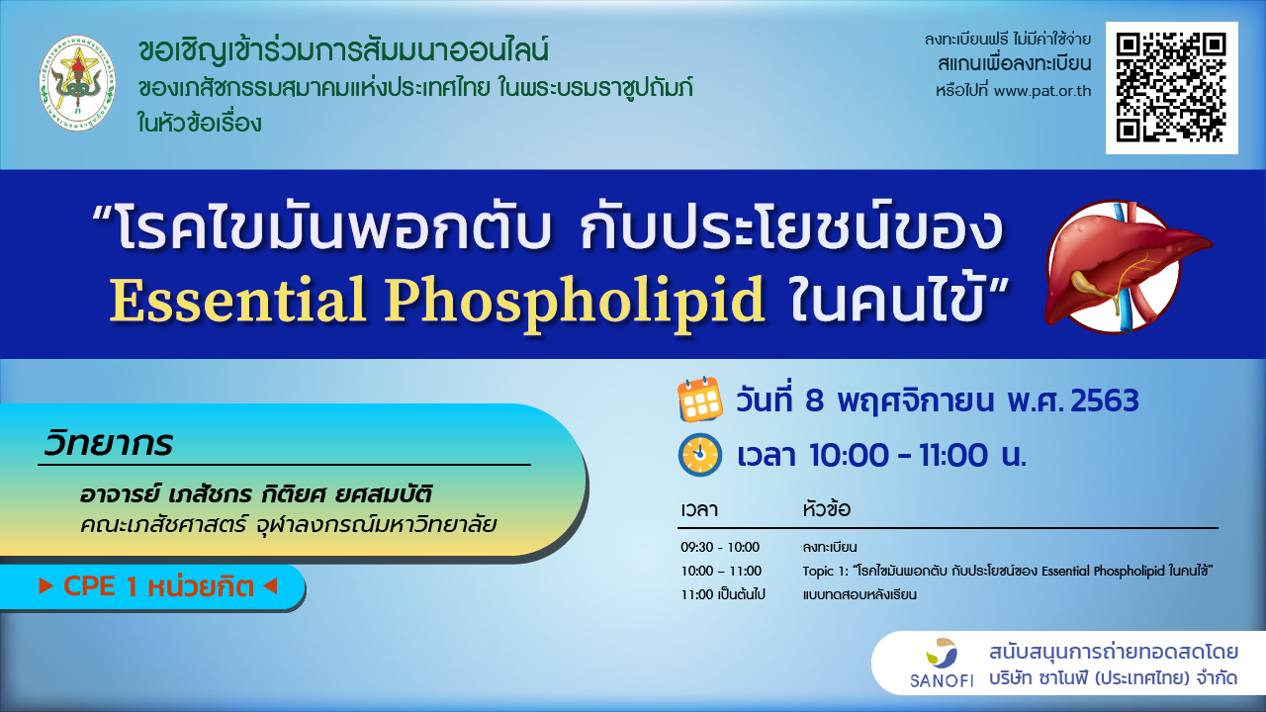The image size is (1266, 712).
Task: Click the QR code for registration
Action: coord(1172,88)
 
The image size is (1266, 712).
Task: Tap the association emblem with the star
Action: coord(77,83)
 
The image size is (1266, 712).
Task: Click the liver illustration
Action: coord(1128,267)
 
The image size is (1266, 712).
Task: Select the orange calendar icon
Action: coord(699,400)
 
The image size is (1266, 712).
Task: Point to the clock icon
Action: coord(699,454)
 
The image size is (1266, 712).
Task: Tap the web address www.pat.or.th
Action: coord(1042,91)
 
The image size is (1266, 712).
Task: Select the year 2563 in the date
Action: coord(1105,400)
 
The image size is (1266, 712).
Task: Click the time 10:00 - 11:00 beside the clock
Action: coord(899,455)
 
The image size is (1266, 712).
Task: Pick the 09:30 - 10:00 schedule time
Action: coord(720,547)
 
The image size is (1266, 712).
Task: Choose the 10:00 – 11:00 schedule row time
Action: coord(721,571)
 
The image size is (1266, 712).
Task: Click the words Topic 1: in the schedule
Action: coord(825,572)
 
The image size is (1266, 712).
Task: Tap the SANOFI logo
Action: coord(942,663)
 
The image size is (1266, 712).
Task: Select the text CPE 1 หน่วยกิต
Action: coord(158,586)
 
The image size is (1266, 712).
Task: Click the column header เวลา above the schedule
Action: coord(699,509)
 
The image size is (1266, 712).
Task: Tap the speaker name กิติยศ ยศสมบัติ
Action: coord(346,493)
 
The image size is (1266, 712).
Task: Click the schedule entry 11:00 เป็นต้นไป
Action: coord(722,594)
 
